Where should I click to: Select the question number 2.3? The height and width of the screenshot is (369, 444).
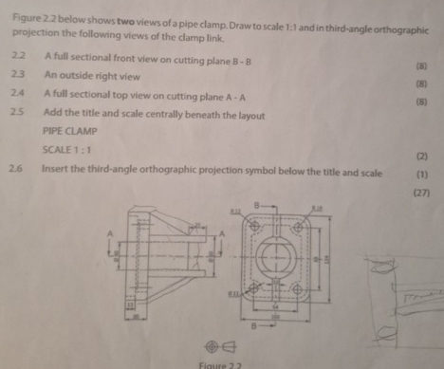tap(15, 75)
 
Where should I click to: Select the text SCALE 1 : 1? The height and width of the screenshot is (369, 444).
tap(66, 150)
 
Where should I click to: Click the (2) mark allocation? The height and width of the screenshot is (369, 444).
tap(421, 155)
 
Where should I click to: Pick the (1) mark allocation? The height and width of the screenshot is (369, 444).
tap(421, 175)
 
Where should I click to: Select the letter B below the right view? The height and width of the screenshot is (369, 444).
tap(256, 324)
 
